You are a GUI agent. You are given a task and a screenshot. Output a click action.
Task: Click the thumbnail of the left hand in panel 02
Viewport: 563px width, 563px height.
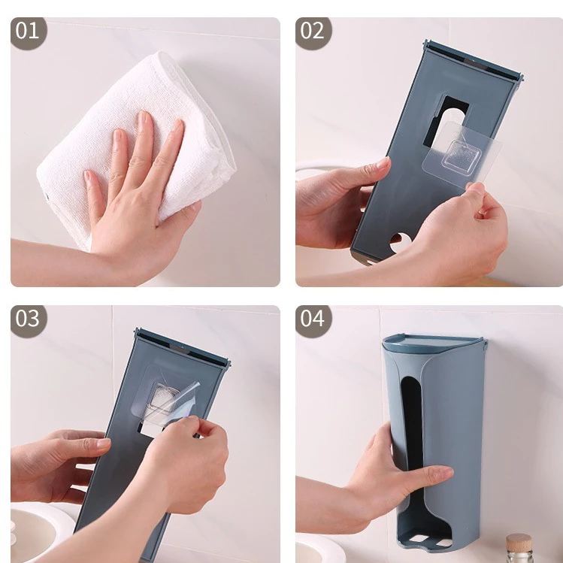(383, 163)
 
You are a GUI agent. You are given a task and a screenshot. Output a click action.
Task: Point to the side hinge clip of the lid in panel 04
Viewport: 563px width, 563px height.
(485, 347)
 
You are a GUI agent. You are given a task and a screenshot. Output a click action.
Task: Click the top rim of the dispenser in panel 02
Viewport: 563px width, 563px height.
(474, 60)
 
